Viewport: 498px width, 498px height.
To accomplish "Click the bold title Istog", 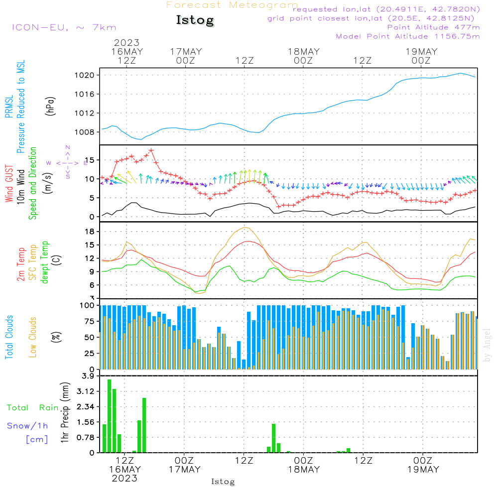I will click(x=195, y=20).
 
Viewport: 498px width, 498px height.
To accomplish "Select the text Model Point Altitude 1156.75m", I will click(x=408, y=36).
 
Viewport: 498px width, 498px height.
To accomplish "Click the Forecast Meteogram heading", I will click(x=232, y=5).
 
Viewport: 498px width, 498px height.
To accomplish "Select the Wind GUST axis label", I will click(x=9, y=177).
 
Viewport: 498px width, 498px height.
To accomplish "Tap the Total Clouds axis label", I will click(x=9, y=337).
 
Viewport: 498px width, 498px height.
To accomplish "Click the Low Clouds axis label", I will click(x=33, y=337).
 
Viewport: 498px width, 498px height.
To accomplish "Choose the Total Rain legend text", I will click(x=32, y=407).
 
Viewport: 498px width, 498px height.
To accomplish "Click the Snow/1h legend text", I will click(x=27, y=426).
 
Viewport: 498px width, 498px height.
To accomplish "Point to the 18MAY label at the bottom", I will click(x=303, y=470).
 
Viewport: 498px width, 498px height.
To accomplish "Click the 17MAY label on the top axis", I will click(x=185, y=51).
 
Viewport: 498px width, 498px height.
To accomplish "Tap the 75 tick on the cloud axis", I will click(x=89, y=321).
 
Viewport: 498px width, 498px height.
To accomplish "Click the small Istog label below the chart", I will click(x=223, y=482).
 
